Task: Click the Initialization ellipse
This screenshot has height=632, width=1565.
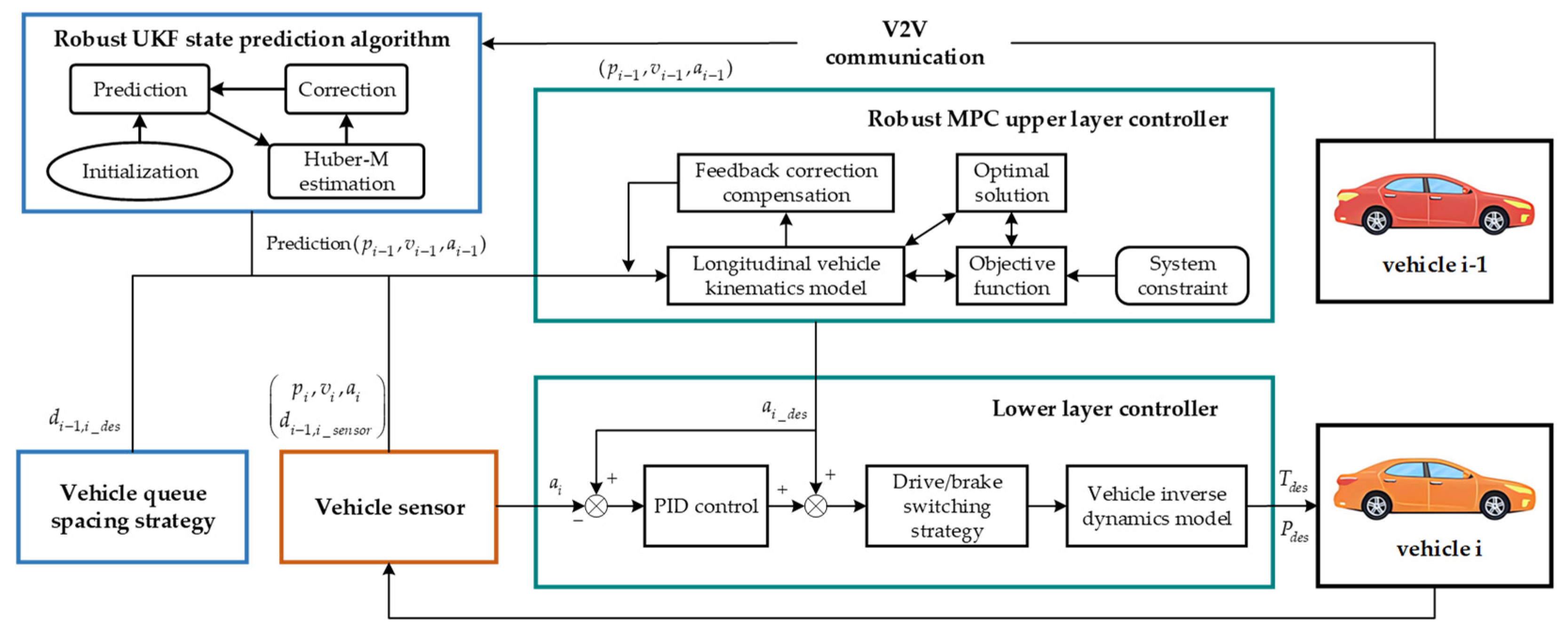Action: click(140, 171)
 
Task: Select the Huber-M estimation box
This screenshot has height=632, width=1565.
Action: click(346, 171)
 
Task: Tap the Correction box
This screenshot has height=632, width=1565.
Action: click(346, 89)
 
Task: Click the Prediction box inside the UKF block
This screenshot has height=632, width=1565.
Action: click(140, 89)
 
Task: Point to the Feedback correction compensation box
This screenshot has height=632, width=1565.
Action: click(786, 183)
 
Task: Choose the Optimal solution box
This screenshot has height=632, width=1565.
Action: click(1011, 183)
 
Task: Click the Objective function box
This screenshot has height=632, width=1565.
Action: click(1011, 276)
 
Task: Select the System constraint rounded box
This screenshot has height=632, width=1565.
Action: click(1182, 276)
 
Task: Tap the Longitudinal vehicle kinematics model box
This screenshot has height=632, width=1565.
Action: click(786, 276)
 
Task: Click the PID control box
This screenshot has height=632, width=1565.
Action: click(705, 506)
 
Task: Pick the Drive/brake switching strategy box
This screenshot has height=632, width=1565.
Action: click(946, 506)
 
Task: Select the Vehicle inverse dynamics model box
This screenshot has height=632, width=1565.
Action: click(1156, 506)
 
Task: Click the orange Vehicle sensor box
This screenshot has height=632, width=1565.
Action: click(389, 507)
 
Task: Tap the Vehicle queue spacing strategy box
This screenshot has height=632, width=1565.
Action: click(133, 507)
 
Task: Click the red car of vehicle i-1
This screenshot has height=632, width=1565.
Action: click(1434, 203)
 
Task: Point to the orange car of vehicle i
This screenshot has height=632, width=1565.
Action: click(1434, 489)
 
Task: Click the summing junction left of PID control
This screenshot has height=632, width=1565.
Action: click(596, 506)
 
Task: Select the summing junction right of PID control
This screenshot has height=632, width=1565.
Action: click(815, 506)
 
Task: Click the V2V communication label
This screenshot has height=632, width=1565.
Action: click(905, 43)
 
